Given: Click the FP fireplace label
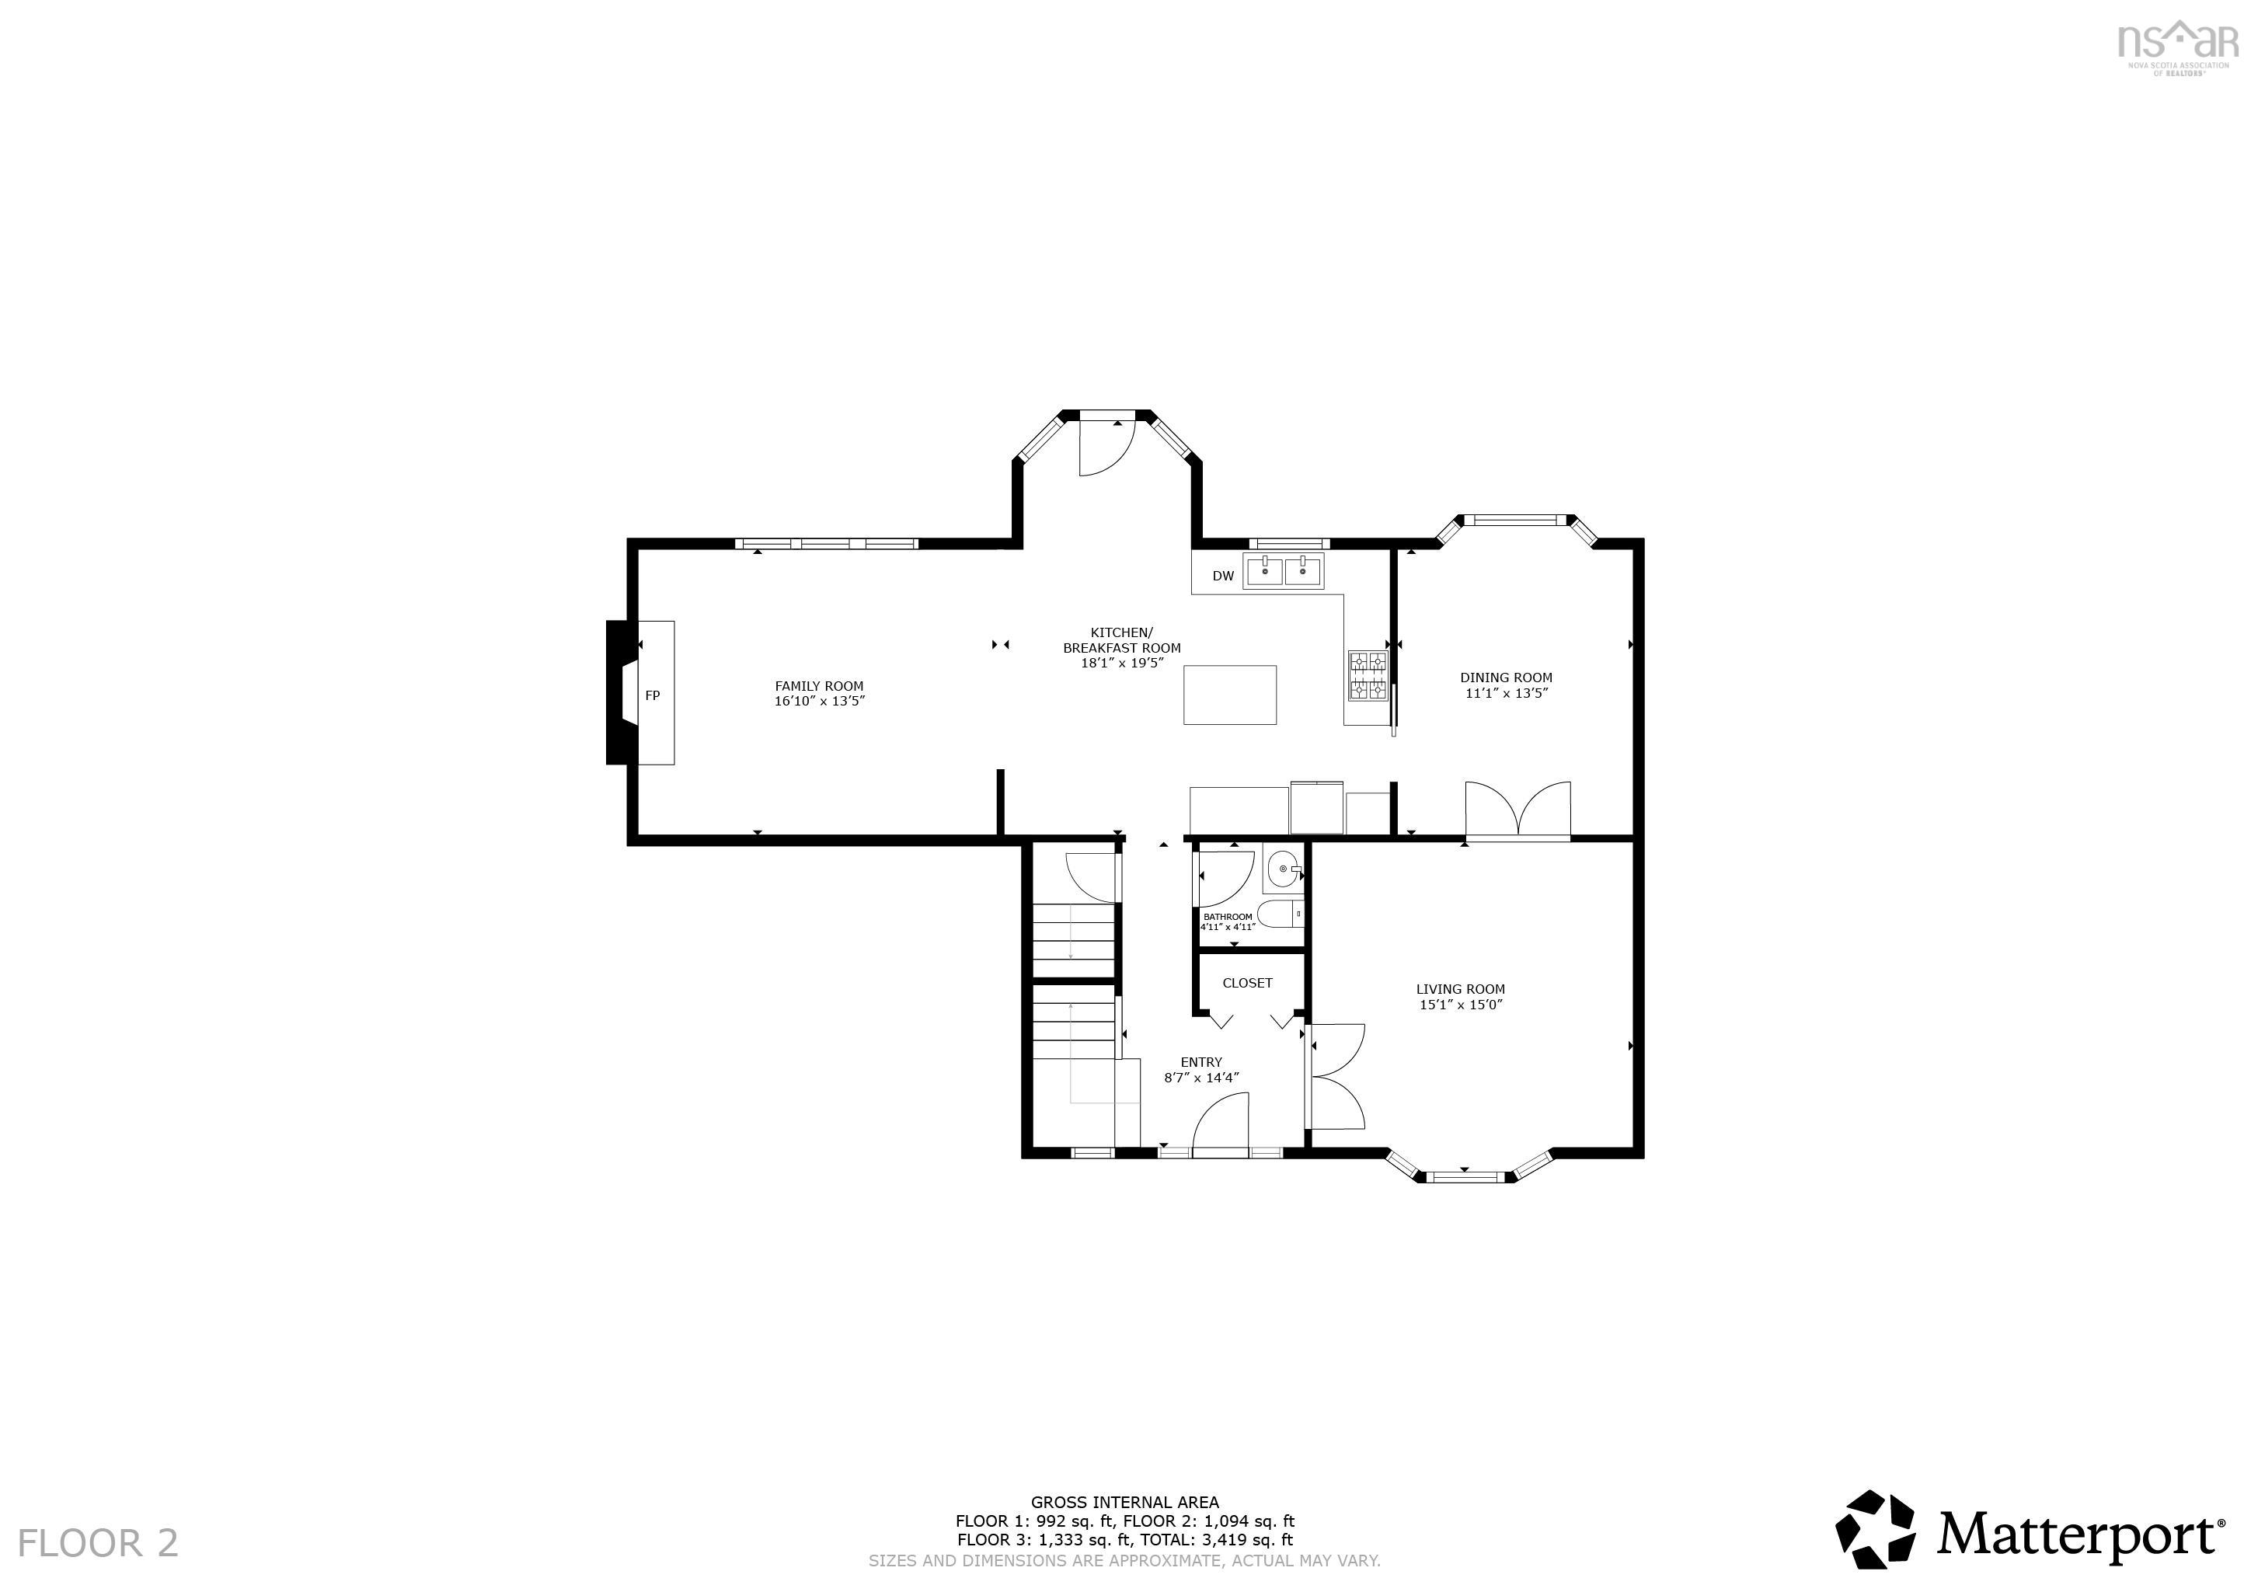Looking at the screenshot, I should click(x=652, y=695).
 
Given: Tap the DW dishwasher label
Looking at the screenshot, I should click(x=1222, y=577).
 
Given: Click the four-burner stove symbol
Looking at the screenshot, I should click(x=1368, y=677).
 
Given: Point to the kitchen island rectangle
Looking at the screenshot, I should click(x=1229, y=695).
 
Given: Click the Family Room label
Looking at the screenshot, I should click(x=819, y=686).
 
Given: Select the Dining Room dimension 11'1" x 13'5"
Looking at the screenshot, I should click(x=1505, y=693).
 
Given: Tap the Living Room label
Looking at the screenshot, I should click(x=1460, y=989).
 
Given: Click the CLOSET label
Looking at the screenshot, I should click(x=1247, y=982).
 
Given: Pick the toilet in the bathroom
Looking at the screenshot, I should click(x=1280, y=914).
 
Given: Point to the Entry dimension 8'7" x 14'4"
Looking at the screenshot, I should click(x=1201, y=1078).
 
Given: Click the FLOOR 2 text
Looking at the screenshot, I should click(x=98, y=1542).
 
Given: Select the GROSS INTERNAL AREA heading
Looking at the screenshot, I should click(x=1124, y=1502).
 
